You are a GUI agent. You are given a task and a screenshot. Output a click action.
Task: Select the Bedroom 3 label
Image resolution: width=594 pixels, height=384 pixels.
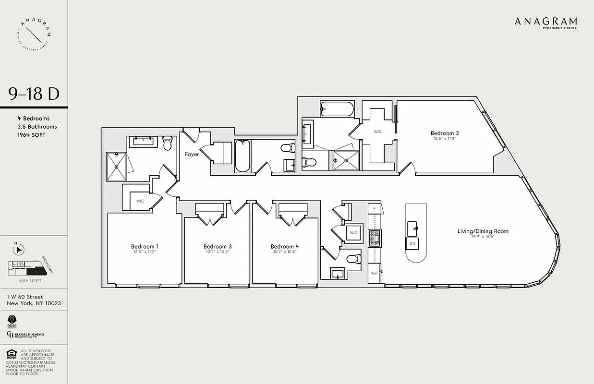coord(218,246)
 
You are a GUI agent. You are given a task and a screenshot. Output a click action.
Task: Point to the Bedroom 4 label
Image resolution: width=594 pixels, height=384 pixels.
coord(285,246)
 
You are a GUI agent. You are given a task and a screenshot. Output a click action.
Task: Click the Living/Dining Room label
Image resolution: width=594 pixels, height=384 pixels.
coord(483,231)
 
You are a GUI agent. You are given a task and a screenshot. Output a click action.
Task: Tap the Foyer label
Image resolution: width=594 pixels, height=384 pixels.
coord(192,155)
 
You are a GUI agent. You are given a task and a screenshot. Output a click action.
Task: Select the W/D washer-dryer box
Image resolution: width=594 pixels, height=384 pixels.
coord(354,233)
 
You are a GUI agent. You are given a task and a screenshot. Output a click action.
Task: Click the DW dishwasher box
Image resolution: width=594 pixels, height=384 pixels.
coord(412,243)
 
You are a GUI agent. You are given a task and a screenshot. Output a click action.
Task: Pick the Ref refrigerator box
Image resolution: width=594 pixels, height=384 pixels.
coord(375,273)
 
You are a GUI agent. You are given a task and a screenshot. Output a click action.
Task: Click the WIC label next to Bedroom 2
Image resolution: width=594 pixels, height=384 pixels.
coord(378,132)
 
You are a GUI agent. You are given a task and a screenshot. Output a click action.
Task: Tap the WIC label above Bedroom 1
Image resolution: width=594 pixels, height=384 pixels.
coord(140,201)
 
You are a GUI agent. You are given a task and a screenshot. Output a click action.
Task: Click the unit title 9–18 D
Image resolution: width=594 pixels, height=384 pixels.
coord(34,95)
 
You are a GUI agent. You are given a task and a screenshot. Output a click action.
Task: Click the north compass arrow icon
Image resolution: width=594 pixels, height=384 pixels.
coord(20,250)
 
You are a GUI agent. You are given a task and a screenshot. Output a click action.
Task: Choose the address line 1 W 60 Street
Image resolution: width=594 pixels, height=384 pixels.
coord(25,297)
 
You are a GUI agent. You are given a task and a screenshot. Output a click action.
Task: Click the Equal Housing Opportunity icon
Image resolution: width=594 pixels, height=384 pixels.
coord(11,355)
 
